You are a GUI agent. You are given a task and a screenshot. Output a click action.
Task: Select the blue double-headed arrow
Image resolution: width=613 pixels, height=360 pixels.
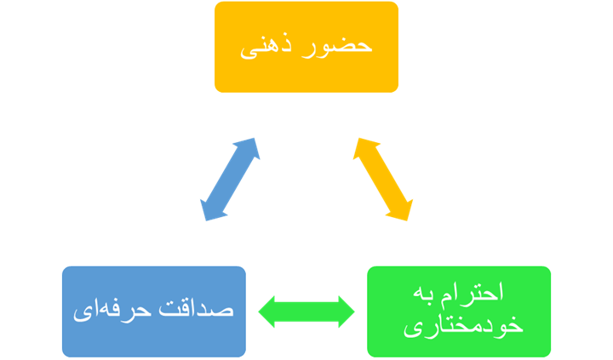click(x=229, y=180)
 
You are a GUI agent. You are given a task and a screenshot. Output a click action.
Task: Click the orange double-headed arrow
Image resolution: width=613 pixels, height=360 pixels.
click(x=383, y=180)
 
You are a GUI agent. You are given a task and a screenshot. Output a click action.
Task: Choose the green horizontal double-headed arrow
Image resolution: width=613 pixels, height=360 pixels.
click(x=306, y=311)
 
